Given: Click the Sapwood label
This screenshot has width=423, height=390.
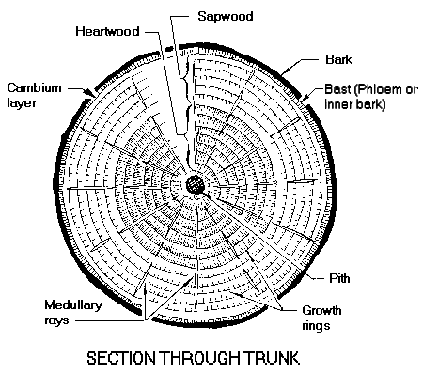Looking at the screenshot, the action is [226, 16].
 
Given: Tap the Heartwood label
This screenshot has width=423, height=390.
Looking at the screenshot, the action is [107, 31].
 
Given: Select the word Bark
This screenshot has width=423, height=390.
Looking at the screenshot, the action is [338, 59].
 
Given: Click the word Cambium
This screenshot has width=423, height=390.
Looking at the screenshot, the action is [34, 87].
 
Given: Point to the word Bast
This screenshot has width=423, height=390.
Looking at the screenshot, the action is [337, 89].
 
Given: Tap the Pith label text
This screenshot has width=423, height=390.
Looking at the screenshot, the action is [339, 278].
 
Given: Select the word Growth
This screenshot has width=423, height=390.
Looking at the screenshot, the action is [321, 310].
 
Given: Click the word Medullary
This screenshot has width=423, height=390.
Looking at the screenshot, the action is [73, 305].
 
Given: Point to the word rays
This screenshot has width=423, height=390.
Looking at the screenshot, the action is [56, 320].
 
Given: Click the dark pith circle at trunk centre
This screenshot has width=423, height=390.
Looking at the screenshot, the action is [196, 184].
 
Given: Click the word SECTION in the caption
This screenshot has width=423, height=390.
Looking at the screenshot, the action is [121, 358].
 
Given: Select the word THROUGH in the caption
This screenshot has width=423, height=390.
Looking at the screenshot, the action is [199, 358].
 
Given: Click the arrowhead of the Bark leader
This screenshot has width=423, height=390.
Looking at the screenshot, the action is [284, 73].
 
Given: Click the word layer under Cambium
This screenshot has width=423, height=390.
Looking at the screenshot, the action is [22, 103].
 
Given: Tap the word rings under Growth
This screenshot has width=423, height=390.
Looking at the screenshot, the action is [316, 326].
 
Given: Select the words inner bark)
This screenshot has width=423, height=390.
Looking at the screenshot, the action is [355, 104].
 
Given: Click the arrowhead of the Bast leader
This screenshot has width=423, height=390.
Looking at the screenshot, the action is [304, 100].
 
